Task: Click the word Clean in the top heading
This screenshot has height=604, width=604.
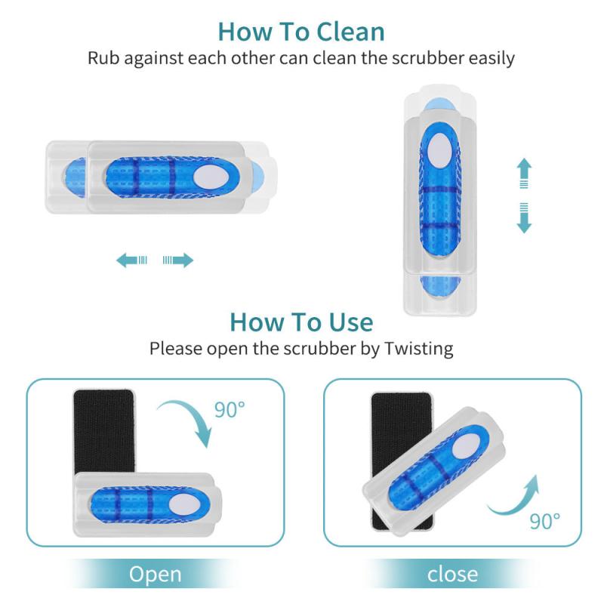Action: [343, 32]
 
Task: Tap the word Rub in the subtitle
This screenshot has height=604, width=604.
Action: [104, 58]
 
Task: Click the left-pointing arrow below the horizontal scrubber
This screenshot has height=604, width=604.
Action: [131, 260]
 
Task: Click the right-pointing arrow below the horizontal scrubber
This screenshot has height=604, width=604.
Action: [178, 260]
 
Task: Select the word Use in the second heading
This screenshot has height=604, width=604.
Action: [344, 322]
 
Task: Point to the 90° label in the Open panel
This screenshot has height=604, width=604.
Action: [230, 410]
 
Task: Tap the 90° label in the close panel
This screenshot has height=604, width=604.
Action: [544, 520]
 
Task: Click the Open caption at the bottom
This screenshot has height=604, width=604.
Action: [155, 574]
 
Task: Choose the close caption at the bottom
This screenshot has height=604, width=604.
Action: [452, 574]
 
